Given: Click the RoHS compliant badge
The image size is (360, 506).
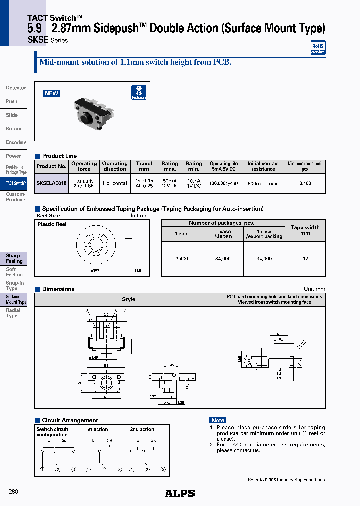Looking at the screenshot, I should pos(318,47).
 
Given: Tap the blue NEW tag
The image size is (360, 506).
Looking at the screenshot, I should pos(51,93).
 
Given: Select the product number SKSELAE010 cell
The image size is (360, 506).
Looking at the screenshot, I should pos(51,183).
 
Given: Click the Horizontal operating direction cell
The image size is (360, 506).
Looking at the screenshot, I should pos(115,183).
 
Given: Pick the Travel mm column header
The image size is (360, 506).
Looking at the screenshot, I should pos(144,166).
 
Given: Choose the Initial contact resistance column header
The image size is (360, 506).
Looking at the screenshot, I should pos(263,166).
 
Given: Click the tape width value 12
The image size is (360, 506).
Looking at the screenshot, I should pos(305,259).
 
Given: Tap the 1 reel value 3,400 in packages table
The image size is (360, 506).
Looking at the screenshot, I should pos(182,259).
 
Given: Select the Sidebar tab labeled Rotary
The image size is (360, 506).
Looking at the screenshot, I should pos(14,129).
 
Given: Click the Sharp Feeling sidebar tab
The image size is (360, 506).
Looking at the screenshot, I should pos(14,258).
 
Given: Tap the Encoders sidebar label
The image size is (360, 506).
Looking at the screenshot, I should pos(16,142).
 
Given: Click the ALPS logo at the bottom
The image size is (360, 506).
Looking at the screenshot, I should pos(180,493).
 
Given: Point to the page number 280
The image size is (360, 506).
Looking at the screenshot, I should pos(13,492).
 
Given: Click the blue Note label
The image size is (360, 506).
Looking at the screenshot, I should pos(218,420).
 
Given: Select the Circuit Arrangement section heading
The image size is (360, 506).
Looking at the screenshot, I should pos(70,420).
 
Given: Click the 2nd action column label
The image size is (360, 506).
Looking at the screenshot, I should pos(142,429).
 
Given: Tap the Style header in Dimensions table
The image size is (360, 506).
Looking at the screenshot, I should pos(128,299).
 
